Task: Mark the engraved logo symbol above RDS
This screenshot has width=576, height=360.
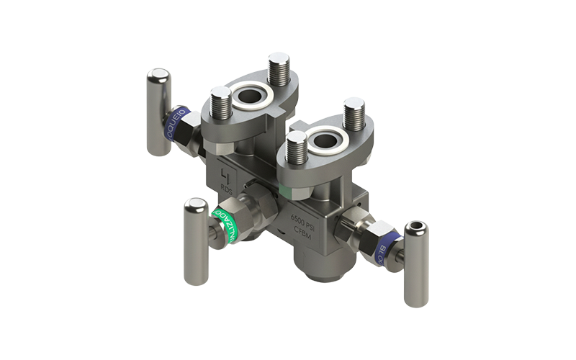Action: click(x=227, y=175)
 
